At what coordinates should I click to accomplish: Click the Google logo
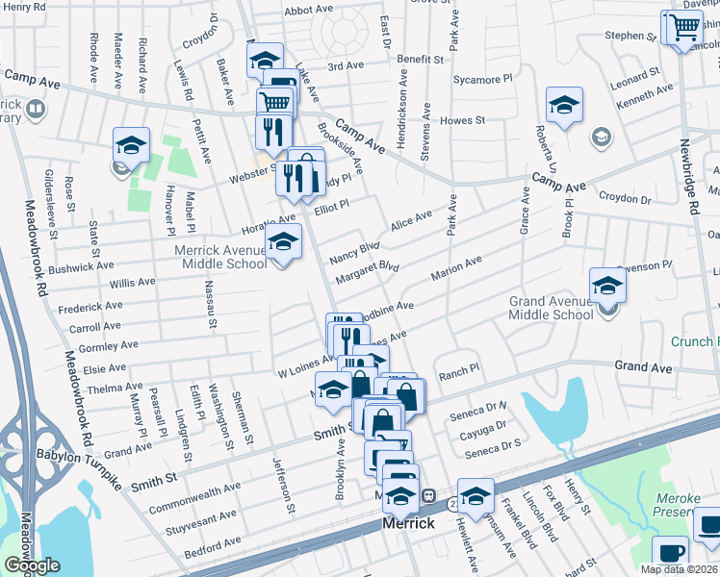coord(32,565)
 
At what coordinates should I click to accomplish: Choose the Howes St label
coord(462,120)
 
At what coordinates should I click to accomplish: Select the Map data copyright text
coord(679,569)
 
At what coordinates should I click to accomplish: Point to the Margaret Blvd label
coord(366,271)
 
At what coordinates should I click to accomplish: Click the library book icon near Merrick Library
coord(35,109)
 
